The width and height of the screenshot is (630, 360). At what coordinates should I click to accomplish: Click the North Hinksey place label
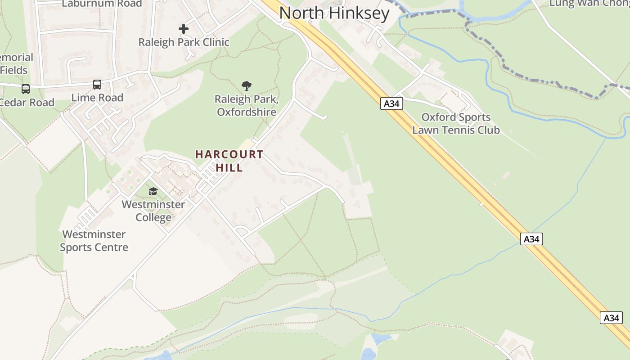(334, 13)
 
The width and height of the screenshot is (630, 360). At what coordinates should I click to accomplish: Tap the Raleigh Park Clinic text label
(184, 42)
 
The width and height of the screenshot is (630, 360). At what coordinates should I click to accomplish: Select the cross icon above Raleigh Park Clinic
(184, 29)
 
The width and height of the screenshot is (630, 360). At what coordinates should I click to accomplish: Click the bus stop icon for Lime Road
(97, 84)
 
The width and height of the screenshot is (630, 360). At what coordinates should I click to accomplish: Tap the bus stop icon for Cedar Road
(26, 89)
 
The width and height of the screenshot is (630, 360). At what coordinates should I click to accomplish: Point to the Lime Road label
(97, 98)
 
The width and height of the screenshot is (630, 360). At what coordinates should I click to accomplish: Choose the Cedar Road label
(27, 102)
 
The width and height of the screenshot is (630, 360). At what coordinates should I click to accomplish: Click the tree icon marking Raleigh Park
(246, 85)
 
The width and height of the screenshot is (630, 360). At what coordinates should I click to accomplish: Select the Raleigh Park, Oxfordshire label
(246, 105)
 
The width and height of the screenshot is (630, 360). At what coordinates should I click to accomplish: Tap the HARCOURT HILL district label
(229, 161)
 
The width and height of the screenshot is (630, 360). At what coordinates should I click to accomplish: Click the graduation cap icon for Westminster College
(153, 192)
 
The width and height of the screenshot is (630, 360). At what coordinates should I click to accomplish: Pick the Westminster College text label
(153, 211)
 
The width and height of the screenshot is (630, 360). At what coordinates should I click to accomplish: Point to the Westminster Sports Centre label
(94, 241)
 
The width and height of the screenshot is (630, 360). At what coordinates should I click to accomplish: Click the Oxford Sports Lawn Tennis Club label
(456, 124)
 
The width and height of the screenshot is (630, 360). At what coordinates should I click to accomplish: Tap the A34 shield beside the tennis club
(391, 103)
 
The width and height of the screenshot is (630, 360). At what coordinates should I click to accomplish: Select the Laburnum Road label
(102, 4)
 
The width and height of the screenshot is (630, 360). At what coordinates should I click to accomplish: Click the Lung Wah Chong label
(589, 4)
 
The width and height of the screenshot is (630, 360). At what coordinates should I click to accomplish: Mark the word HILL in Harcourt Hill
(229, 168)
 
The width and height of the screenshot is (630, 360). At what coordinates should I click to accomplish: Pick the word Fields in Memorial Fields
(13, 70)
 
